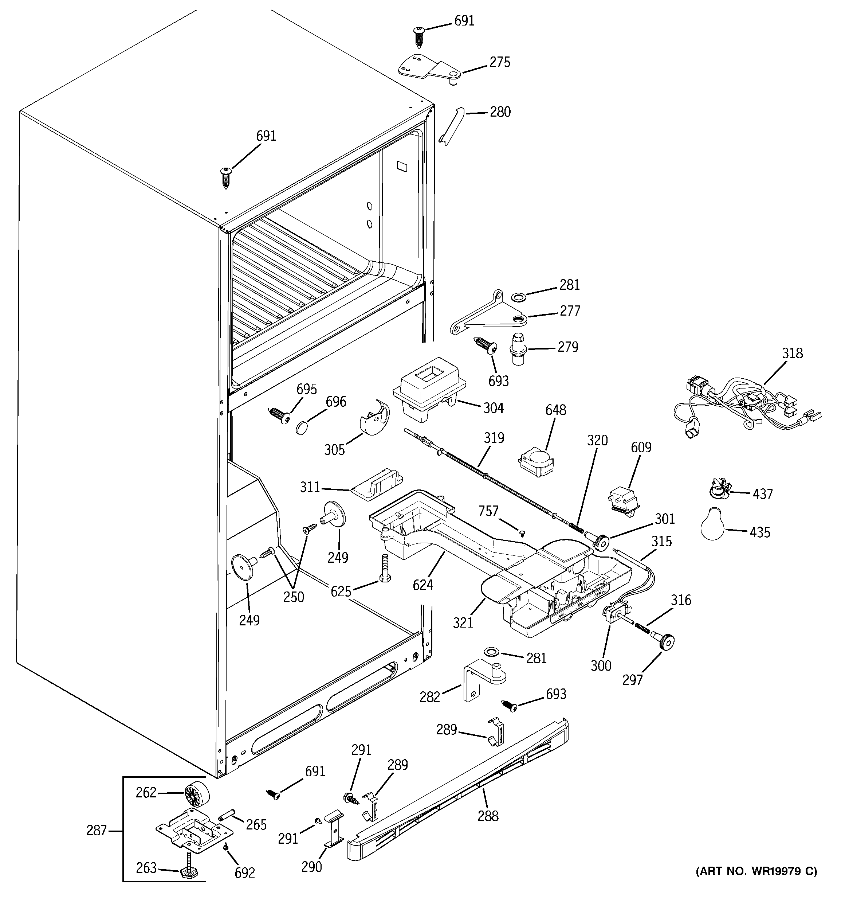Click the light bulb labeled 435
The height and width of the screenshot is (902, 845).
click(x=714, y=525)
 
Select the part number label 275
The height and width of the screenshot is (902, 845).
click(x=499, y=63)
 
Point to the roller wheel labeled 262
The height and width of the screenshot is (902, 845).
click(x=197, y=794)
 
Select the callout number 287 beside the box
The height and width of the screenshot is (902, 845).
click(x=97, y=830)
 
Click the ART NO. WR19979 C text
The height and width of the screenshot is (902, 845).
click(x=756, y=871)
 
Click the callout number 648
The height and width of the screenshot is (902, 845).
click(x=555, y=410)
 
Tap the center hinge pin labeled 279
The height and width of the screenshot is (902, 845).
click(x=518, y=348)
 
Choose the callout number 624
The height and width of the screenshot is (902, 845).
click(x=423, y=585)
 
